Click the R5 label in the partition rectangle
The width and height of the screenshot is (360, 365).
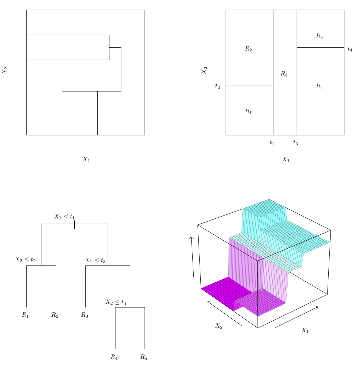[x=319, y=36]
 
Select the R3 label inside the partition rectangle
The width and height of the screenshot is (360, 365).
[x=284, y=74]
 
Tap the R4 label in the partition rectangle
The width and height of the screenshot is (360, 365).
[x=319, y=86]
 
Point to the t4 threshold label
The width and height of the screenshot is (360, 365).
[x=350, y=49]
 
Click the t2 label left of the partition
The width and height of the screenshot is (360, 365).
[x=217, y=87]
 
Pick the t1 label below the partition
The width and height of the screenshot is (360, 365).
[x=272, y=143]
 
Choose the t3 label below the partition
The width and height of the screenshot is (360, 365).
[x=296, y=143]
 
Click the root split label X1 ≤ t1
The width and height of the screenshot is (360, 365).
[x=64, y=217]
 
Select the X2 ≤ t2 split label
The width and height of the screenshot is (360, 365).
[x=25, y=260]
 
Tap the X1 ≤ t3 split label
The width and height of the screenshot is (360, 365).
[x=95, y=260]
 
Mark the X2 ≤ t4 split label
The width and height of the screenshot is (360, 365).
[x=116, y=302]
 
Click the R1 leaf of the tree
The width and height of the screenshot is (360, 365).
[x=25, y=315]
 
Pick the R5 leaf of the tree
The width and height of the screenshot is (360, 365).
[x=144, y=357]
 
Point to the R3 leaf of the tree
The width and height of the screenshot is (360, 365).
[x=85, y=315]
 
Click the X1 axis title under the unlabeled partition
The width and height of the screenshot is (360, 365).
[x=86, y=160]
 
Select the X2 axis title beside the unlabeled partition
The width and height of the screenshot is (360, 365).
[x=5, y=71]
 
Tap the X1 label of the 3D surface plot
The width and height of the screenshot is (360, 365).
[x=305, y=330]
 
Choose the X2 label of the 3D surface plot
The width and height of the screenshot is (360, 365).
[x=219, y=326]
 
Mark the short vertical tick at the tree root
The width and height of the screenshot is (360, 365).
[x=74, y=224]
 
